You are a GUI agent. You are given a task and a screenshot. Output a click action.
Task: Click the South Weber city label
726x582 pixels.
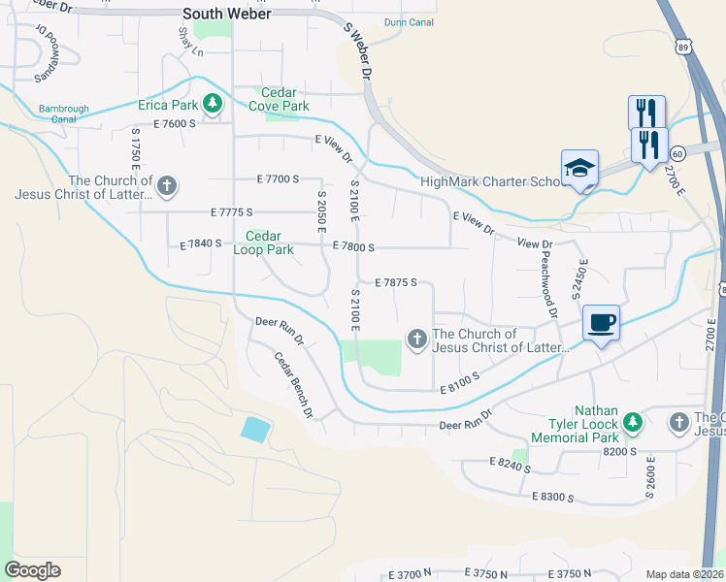coord(227,14)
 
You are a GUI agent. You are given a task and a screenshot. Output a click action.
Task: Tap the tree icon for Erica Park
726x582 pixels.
coord(211,103)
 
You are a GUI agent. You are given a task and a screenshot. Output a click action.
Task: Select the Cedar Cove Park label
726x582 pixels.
coord(280,99)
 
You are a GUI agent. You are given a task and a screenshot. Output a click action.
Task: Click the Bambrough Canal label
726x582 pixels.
coord(57,113)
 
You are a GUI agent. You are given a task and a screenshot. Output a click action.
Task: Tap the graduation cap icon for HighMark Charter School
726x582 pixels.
coord(579,169)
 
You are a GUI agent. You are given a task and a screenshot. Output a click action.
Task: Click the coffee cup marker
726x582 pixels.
coord(601,322)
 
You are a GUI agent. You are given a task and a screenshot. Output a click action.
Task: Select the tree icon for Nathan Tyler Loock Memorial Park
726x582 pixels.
coord(633,422)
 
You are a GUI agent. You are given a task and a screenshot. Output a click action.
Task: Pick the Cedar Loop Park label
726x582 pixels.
coord(263,242)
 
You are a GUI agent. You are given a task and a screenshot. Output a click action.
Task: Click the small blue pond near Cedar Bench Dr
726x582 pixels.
coord(254,429)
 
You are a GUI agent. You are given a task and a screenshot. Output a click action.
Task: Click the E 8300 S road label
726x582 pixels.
coord(553,497)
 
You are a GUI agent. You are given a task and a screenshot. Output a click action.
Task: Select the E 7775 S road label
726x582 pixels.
coord(231,211)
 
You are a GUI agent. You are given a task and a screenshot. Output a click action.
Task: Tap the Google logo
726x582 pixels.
coord(32,570)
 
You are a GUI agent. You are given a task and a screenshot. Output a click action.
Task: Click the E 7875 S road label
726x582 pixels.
coord(395,282)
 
